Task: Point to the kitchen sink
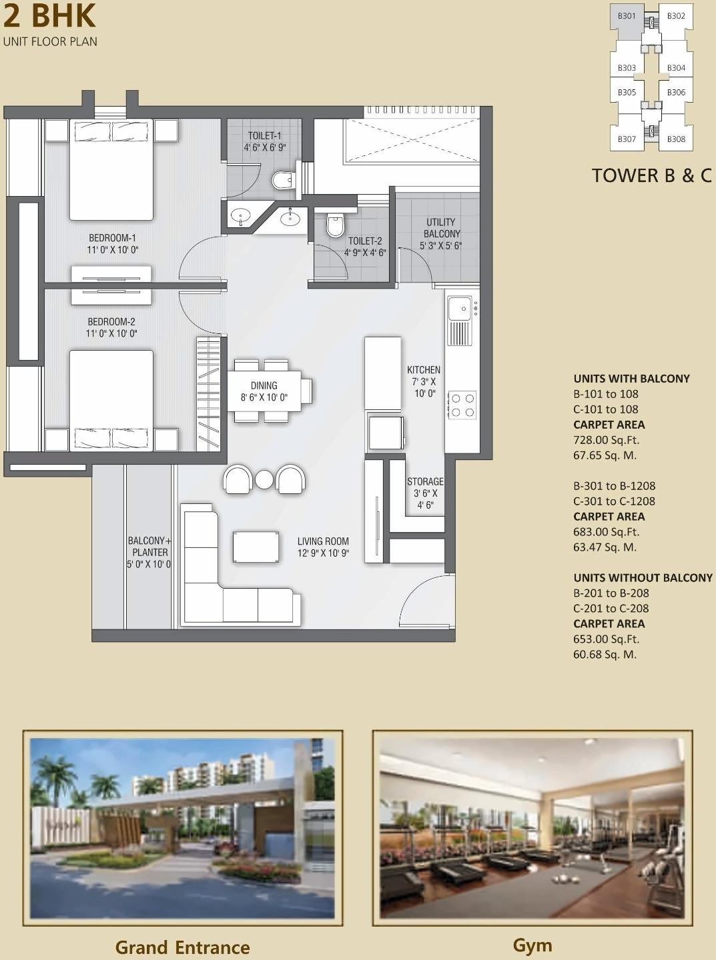pos(459,308)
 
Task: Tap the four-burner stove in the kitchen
pos(462,405)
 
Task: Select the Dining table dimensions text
pos(264,397)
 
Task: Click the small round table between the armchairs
pos(265,479)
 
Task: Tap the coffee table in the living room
pos(256,547)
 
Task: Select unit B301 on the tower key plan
pos(627,16)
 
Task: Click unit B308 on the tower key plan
pos(676,139)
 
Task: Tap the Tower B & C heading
pos(651,175)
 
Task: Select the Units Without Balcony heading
pos(643,578)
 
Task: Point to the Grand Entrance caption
pos(182,947)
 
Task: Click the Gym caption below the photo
pos(532,945)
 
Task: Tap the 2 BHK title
pos(49,16)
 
